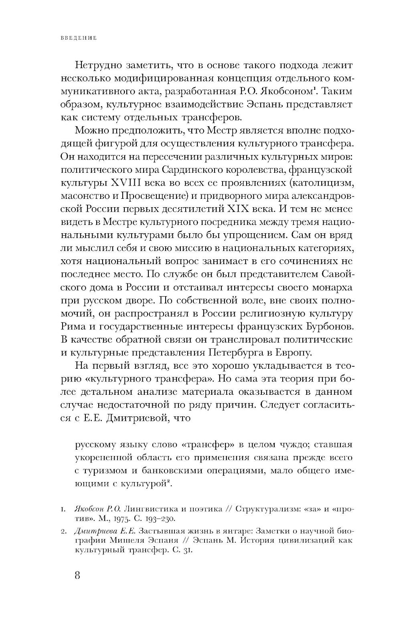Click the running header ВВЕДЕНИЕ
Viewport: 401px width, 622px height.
point(79,38)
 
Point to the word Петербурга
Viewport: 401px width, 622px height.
point(238,352)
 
